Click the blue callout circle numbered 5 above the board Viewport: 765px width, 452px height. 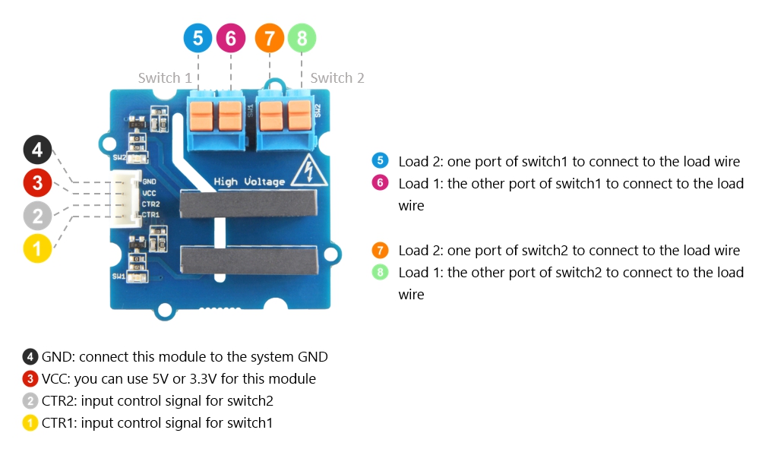[198, 38]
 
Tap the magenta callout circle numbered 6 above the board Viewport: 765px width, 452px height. [231, 38]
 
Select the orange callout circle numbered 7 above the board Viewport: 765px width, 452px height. [270, 38]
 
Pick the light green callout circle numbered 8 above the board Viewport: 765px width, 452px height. [302, 38]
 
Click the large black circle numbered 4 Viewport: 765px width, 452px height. [37, 150]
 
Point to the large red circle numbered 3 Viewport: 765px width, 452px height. [37, 182]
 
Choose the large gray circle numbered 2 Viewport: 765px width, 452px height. [37, 215]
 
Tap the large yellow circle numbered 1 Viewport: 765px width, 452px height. [37, 248]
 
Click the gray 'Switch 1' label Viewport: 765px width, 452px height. [165, 78]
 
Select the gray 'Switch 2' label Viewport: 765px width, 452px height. [337, 78]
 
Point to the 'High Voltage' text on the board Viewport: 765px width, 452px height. [249, 182]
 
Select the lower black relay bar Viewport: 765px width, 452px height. [247, 259]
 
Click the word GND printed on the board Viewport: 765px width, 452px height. [149, 182]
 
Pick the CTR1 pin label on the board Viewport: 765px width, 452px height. [150, 215]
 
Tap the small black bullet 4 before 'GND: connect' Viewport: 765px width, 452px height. [30, 356]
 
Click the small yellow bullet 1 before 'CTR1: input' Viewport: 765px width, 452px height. [30, 423]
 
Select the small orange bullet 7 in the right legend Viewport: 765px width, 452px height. [381, 250]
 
